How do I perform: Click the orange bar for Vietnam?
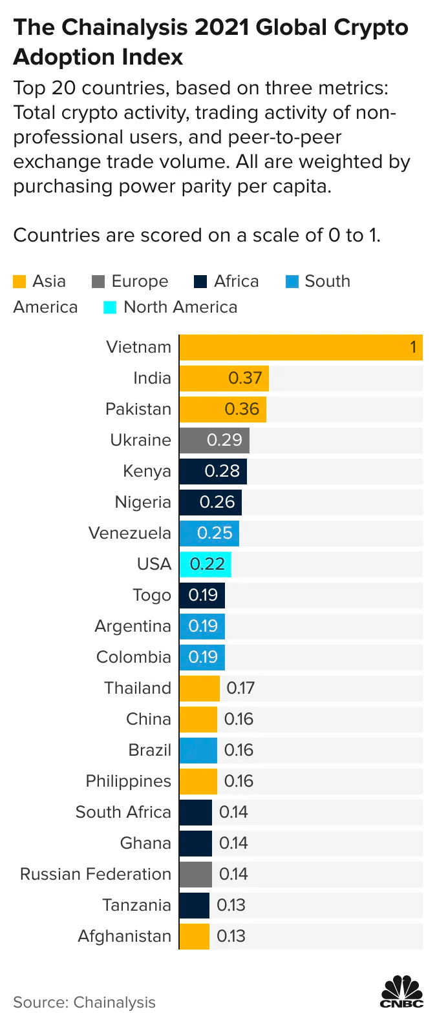(x=301, y=348)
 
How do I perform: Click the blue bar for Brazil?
(x=198, y=751)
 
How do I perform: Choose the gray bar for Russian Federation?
(x=195, y=875)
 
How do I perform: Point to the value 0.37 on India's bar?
(x=245, y=379)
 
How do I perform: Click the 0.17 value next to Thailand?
(x=240, y=689)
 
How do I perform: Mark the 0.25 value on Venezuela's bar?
(x=215, y=534)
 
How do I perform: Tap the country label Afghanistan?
(x=124, y=937)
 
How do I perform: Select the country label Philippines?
(x=128, y=782)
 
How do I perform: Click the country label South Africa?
(x=123, y=813)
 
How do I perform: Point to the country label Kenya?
(x=147, y=472)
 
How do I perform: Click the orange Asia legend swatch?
(x=19, y=282)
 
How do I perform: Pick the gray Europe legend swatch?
(x=98, y=282)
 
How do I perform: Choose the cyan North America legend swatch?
(x=110, y=307)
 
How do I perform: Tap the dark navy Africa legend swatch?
(x=200, y=282)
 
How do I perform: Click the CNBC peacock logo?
(x=401, y=991)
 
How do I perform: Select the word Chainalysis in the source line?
(x=114, y=1002)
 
